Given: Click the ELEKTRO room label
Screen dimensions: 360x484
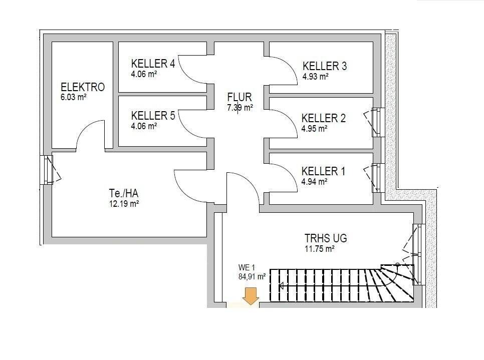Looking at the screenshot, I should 83,87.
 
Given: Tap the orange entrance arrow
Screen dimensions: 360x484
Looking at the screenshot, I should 250,296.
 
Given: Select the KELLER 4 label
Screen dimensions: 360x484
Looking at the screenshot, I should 153,64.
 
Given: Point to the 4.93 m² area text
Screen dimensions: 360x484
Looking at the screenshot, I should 315,77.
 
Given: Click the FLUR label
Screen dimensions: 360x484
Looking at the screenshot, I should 239,97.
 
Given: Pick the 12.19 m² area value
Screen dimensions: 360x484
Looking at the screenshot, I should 124,204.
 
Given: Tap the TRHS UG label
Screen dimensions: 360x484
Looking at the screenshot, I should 326,238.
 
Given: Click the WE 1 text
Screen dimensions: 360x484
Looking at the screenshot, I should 247,267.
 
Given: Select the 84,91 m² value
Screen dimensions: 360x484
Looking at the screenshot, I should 252,275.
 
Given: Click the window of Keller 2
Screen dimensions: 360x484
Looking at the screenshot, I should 377,122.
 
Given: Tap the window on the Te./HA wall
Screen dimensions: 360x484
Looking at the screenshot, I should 49,169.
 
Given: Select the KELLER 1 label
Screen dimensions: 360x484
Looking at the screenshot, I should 323,171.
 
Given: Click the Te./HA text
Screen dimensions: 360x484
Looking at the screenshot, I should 124,193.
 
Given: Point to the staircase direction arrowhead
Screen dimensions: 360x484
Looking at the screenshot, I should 281,286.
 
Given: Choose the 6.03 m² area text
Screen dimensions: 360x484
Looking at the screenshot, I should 73,98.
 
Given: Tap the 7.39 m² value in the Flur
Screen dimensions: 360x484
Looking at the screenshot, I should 239,108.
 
